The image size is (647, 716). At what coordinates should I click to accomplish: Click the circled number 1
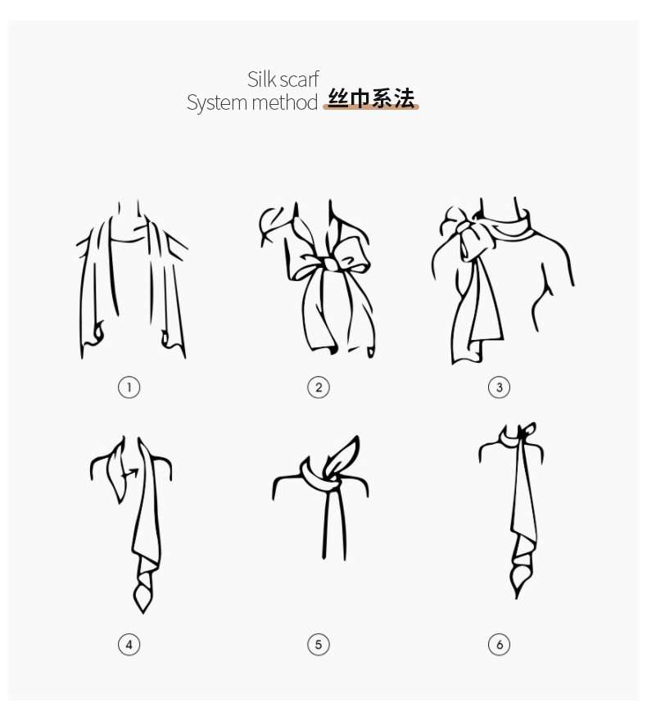(129, 387)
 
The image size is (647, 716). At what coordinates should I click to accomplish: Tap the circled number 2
(319, 387)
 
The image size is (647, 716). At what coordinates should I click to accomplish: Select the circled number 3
(499, 387)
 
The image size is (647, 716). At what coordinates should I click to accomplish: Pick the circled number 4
(129, 645)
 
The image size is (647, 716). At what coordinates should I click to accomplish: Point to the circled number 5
(319, 645)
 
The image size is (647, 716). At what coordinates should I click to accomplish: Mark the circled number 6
(499, 645)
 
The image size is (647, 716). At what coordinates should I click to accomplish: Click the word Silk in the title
(261, 79)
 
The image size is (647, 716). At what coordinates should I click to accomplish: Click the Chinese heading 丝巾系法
(371, 100)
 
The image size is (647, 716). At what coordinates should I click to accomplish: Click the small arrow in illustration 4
(128, 474)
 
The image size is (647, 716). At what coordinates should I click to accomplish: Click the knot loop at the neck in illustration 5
(319, 476)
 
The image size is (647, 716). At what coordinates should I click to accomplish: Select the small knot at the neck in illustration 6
(524, 433)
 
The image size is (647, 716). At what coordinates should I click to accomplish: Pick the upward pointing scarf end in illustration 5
(351, 446)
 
